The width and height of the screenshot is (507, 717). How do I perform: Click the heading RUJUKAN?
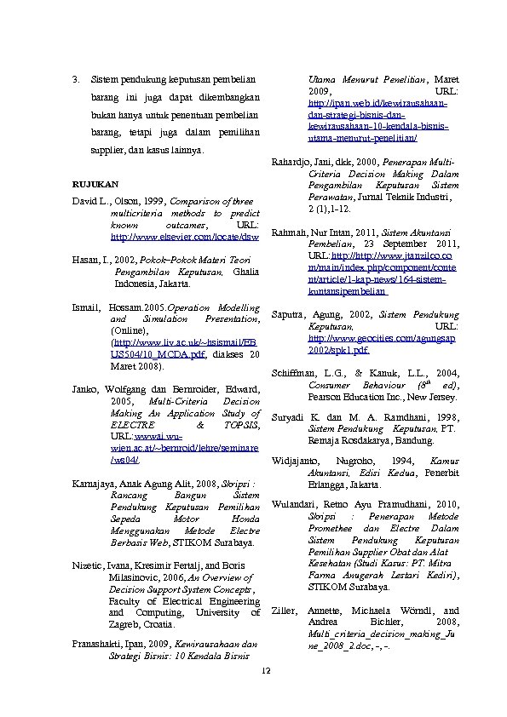[x=95, y=184]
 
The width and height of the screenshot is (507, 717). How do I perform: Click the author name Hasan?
[x=86, y=257]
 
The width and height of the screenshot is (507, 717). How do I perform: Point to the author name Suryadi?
[x=287, y=418]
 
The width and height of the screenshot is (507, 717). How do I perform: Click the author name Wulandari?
[x=294, y=504]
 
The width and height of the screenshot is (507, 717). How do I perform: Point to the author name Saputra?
[x=288, y=315]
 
